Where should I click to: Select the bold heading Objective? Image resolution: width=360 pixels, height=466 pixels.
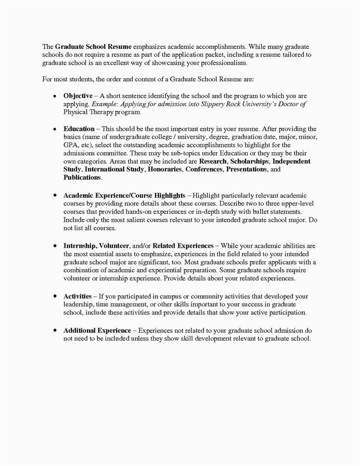(x=78, y=96)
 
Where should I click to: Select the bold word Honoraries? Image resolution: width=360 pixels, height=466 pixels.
(x=164, y=169)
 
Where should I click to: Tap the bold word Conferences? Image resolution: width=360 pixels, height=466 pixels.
(x=204, y=169)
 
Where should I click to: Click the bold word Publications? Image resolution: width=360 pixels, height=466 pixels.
(x=82, y=177)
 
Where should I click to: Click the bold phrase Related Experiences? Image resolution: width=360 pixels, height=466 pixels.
(x=183, y=245)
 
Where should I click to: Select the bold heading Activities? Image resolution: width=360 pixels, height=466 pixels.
(x=78, y=296)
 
